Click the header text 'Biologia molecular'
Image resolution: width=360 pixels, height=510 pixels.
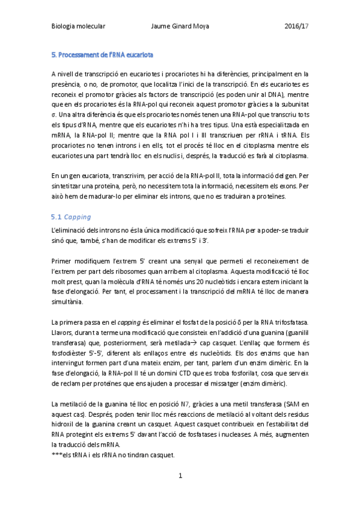[78, 26]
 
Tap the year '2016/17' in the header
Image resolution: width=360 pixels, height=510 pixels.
[296, 26]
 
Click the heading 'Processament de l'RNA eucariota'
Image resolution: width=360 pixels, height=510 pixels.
[105, 55]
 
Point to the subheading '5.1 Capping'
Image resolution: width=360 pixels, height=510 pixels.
[70, 217]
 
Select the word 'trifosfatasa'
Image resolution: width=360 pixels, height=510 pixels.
[290, 325]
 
